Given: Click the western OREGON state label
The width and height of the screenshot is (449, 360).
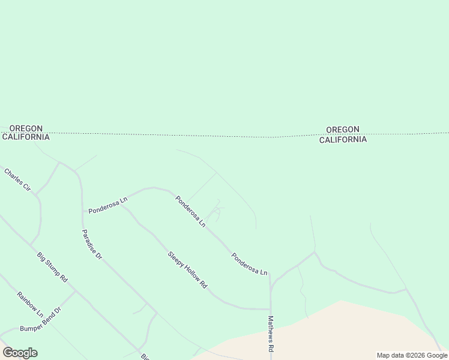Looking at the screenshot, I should pos(26,128).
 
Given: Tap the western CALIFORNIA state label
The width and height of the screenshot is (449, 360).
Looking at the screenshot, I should pos(26,137).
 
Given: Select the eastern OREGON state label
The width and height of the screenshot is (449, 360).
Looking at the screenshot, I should pos(342,129).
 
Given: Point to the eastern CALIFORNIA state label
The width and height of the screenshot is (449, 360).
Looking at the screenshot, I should pos(342,140).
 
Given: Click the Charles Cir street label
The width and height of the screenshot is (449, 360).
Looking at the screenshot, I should pos(17,179).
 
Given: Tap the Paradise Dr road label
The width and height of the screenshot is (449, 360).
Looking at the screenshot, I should pos(92,244).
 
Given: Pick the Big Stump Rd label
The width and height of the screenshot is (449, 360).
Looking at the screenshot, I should pos(52,267).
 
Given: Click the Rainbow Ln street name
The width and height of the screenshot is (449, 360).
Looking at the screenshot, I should pos(30,305).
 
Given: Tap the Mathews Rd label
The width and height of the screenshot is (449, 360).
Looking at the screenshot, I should pos(271,334).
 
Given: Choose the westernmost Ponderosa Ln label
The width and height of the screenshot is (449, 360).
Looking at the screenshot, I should pos(108,205).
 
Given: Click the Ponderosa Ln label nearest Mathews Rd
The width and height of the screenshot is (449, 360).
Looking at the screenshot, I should pos(249,263).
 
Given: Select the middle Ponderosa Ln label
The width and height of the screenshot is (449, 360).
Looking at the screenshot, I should pos(190,212).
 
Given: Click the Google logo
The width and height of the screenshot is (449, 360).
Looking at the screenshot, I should pos(20,353).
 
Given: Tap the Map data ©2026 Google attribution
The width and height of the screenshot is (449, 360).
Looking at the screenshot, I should pos(412,355).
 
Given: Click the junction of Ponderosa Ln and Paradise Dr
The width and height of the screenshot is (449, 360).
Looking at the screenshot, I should pos(82,211).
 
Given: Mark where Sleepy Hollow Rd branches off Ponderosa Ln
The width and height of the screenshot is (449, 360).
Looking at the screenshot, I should pos(122,206).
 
